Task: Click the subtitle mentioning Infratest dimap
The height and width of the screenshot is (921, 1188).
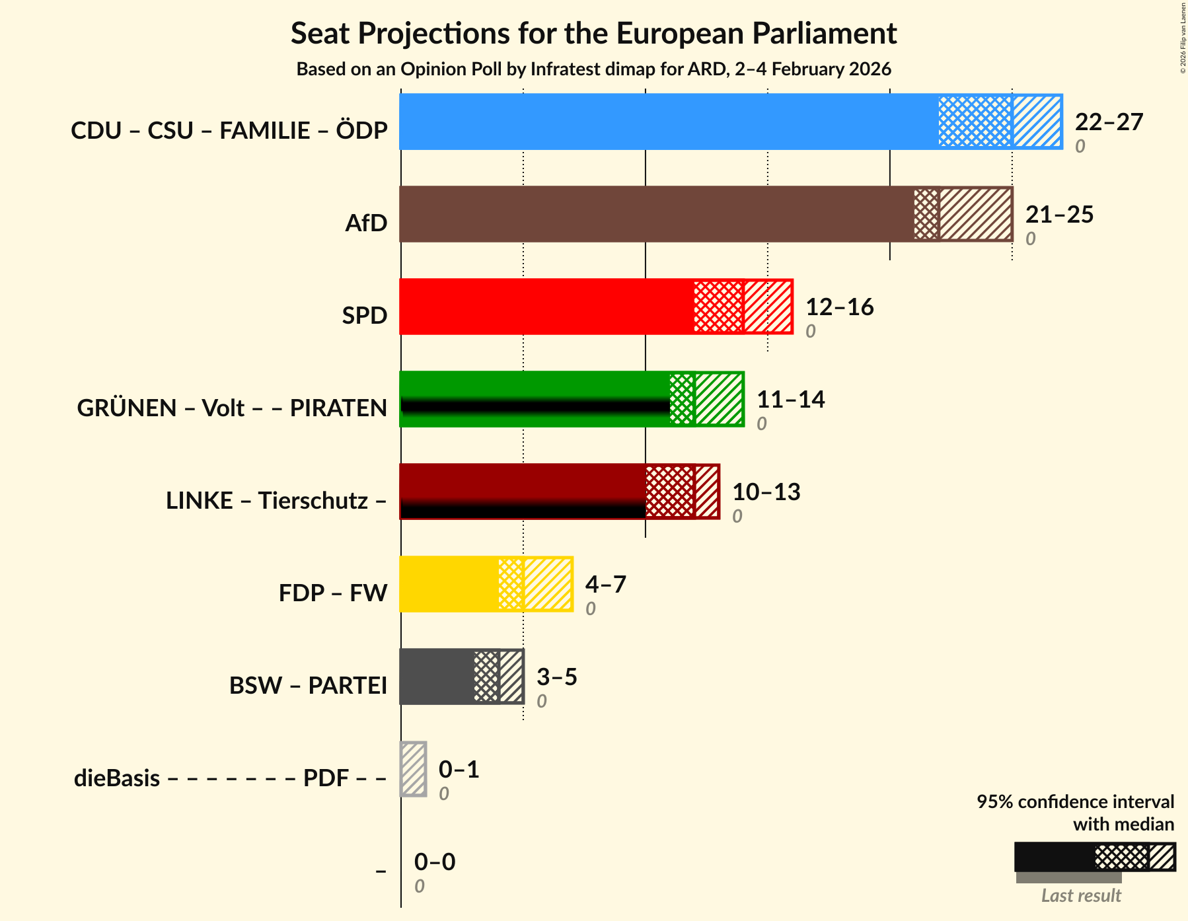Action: coord(593,69)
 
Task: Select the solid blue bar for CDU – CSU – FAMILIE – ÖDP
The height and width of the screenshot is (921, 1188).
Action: coord(667,122)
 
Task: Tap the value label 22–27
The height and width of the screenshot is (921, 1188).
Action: coord(1108,122)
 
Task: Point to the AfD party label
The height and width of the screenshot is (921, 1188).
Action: coord(366,223)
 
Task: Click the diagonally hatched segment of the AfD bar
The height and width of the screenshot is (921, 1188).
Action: coord(975,214)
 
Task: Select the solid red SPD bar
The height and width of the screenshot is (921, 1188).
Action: coord(546,307)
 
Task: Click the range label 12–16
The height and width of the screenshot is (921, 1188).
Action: coord(839,307)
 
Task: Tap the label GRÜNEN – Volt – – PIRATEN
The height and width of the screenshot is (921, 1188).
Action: coord(232,408)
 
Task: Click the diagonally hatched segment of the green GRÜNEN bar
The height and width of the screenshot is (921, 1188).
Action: coord(719,399)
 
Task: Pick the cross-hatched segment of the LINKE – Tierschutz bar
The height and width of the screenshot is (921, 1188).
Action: coord(669,492)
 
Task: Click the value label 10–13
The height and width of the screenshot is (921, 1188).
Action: coord(766,492)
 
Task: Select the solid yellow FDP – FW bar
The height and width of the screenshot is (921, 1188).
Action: coord(449,584)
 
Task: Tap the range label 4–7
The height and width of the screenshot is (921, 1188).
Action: coord(605,585)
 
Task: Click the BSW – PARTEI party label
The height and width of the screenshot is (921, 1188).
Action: coord(308,686)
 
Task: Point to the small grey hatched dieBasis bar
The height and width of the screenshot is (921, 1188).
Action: coord(414,769)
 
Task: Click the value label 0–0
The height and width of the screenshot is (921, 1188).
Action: coord(434,862)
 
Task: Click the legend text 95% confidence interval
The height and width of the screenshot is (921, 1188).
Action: coord(1075,802)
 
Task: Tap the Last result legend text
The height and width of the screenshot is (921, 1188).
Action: coord(1081,896)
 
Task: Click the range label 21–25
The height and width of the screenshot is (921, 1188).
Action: coord(1059,215)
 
